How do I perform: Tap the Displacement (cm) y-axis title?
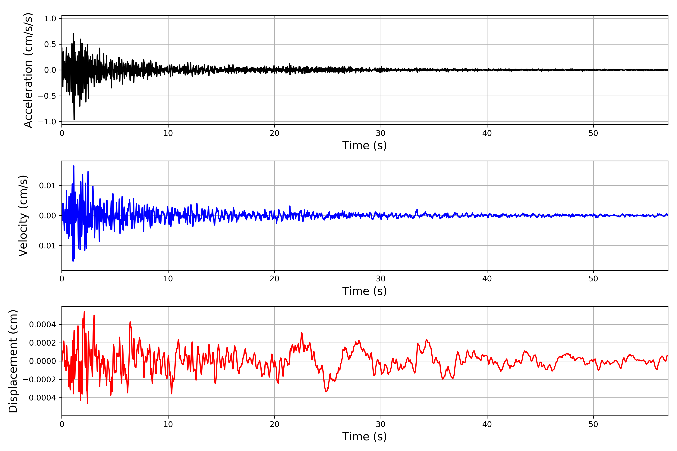(13, 361)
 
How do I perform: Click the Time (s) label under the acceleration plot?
(364, 145)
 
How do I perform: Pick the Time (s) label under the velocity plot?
(364, 291)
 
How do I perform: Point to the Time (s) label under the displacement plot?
(364, 437)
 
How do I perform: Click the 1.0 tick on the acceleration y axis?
(50, 19)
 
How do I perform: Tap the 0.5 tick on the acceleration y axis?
(50, 44)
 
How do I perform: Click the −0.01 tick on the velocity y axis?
(44, 246)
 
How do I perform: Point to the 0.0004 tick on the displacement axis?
(42, 325)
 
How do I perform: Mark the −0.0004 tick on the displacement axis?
(39, 398)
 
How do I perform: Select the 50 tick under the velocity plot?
(593, 279)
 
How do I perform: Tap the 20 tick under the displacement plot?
(274, 424)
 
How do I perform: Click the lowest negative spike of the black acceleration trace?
(74, 119)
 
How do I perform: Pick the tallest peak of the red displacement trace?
(84, 312)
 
